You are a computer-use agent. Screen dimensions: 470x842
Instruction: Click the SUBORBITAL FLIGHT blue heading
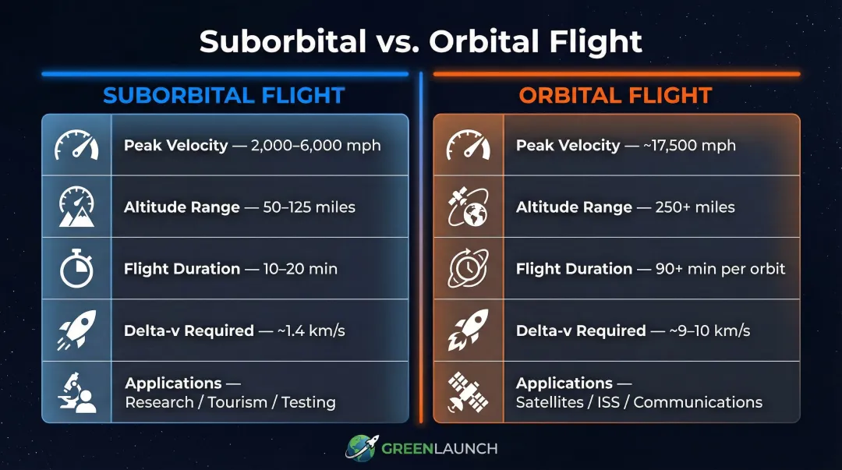tap(224, 95)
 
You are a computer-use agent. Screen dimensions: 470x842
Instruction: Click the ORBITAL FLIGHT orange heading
tap(615, 95)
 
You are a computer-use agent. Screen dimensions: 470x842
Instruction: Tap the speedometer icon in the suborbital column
tap(76, 145)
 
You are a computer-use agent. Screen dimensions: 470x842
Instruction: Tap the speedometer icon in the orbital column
tap(468, 145)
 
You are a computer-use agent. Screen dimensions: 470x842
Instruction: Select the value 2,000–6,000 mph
tap(316, 145)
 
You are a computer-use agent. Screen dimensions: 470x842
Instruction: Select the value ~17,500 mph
tap(690, 145)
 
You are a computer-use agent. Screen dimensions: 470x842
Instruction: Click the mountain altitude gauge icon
tap(76, 207)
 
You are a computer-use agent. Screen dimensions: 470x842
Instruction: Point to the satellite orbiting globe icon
tap(468, 207)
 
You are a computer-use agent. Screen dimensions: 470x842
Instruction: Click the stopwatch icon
tap(76, 269)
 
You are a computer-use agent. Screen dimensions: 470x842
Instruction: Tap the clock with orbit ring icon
tap(468, 269)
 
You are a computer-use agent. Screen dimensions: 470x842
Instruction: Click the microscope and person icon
tap(76, 392)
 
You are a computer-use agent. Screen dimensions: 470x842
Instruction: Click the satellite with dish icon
tap(468, 392)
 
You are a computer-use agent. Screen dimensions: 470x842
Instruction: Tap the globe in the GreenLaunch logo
tap(360, 448)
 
